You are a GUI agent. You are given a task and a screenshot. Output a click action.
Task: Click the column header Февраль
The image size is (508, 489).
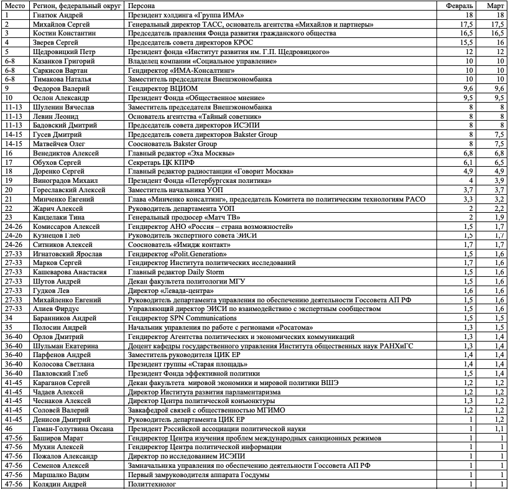click(461, 5)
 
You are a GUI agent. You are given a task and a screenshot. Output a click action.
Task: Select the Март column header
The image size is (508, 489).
click(496, 5)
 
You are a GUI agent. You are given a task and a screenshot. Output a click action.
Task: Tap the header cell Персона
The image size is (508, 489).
click(142, 5)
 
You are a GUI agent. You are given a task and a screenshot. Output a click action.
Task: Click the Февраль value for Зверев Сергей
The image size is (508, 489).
click(468, 42)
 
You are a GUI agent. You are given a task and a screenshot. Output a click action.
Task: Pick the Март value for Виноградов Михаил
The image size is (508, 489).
click(499, 180)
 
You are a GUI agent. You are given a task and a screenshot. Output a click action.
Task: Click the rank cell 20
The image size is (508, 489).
click(9, 190)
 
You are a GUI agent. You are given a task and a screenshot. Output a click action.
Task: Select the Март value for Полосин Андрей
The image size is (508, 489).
click(499, 327)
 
